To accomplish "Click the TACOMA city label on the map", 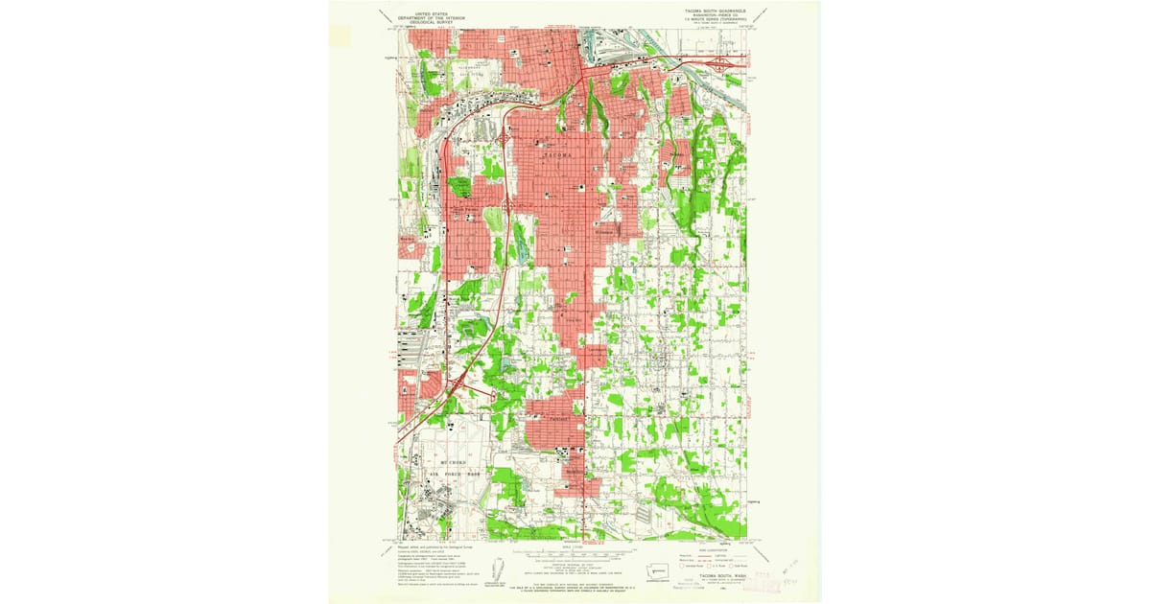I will (557, 154).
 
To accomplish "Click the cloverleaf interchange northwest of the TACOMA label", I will (505, 139).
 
